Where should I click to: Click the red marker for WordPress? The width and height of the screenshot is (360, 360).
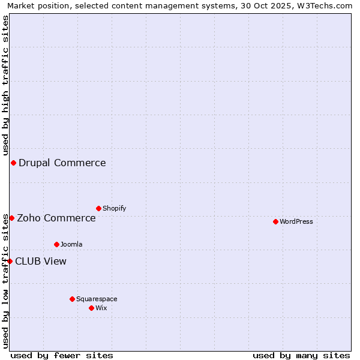coord(275,221)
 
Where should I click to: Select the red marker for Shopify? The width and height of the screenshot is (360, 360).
coord(98,208)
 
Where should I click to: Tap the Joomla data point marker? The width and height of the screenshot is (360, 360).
coord(56,244)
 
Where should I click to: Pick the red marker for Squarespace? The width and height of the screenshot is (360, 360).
coord(72,299)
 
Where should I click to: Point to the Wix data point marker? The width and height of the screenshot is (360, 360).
coord(91,308)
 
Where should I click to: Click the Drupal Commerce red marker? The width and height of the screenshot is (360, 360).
coord(13,163)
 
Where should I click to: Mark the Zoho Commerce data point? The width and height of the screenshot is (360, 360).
coord(11,218)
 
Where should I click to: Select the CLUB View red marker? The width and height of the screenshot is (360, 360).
coord(10,261)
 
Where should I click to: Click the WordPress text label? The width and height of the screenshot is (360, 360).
coord(296,221)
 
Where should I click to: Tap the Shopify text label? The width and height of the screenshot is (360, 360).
coord(114,208)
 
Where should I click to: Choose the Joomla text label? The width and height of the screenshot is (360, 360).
coord(71,244)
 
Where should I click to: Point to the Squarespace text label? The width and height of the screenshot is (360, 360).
coord(97,299)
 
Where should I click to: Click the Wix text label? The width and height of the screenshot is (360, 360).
coord(101,308)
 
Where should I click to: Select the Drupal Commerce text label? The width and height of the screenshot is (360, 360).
coord(62,163)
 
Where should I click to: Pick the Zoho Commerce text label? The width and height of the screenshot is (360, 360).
coord(56,218)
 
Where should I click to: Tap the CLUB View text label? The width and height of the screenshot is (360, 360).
coord(41,261)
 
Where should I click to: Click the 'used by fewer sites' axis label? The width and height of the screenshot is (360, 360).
coord(62,355)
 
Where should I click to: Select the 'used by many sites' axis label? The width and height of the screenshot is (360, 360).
coord(301,355)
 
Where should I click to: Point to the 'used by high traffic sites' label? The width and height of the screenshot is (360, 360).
coord(5,84)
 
